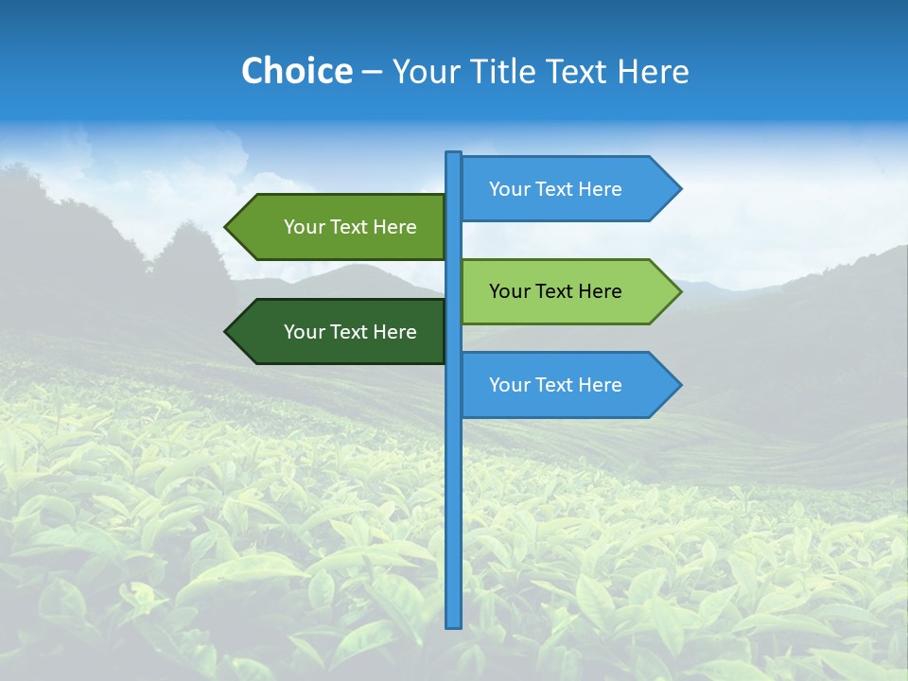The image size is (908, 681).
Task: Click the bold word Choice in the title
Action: click(296, 71)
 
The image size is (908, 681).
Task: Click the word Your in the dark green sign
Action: click(304, 332)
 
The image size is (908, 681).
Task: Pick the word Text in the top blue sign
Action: click(555, 189)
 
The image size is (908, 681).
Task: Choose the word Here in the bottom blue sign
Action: click(600, 385)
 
